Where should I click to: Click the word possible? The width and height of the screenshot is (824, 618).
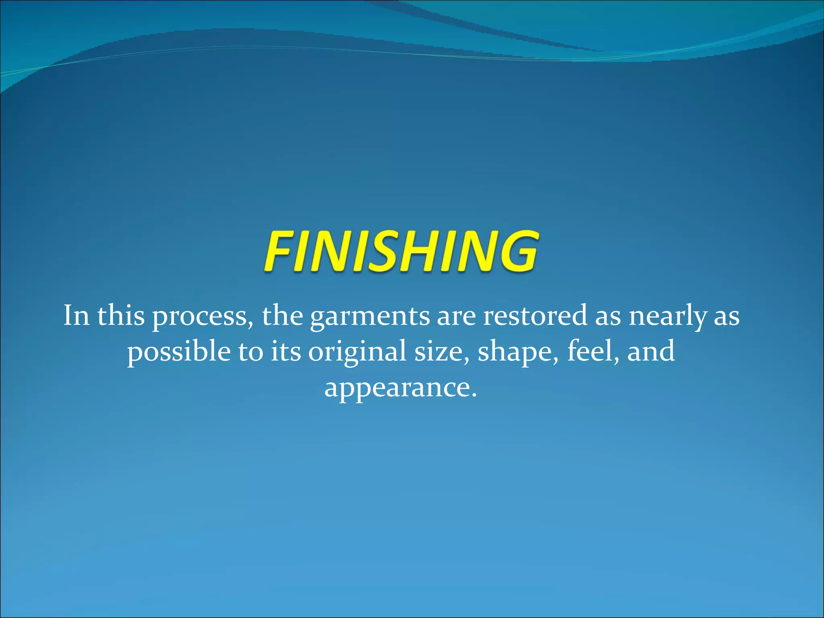click(179, 352)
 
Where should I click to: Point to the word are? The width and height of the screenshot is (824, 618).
click(456, 317)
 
